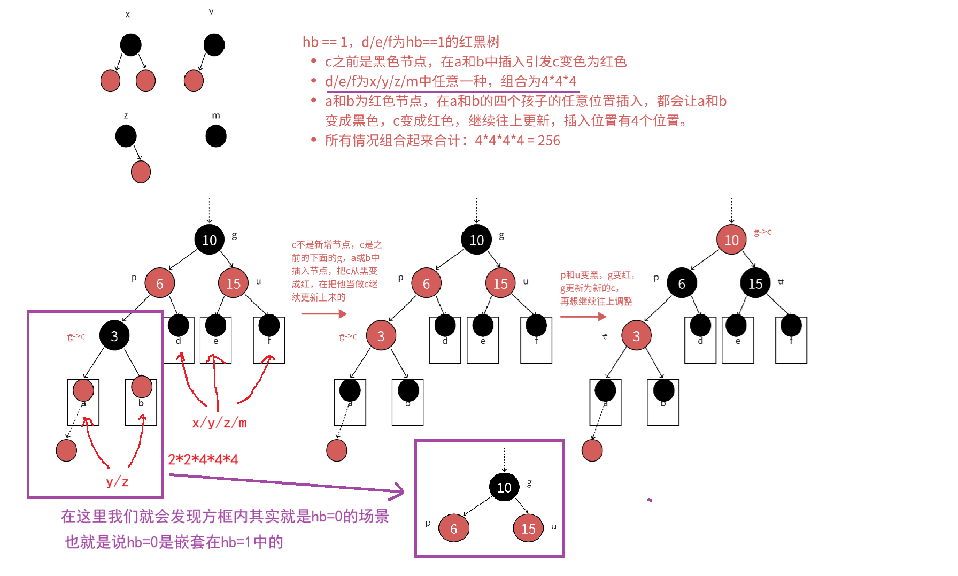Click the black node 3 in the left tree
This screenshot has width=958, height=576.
114,335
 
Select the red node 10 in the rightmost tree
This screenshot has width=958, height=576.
731,240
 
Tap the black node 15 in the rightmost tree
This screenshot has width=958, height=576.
755,283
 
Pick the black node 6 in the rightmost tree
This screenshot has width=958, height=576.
682,283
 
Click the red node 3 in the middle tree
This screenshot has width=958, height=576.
381,335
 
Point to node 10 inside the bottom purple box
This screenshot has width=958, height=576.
504,487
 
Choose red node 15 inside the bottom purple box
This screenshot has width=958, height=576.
528,528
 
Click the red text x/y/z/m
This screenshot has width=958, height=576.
219,423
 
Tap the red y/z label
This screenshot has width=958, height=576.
117,481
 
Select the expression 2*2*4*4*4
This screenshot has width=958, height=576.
203,459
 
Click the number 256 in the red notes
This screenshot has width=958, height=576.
548,141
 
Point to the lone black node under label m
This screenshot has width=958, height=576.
216,136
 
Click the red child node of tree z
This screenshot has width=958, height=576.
141,172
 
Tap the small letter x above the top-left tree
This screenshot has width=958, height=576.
128,14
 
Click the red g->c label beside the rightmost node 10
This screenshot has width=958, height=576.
762,232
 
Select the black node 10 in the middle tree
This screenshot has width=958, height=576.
476,240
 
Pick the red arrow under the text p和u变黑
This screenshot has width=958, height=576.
583,317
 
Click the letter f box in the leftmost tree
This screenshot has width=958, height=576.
269,340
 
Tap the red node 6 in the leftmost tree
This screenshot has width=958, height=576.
159,283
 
